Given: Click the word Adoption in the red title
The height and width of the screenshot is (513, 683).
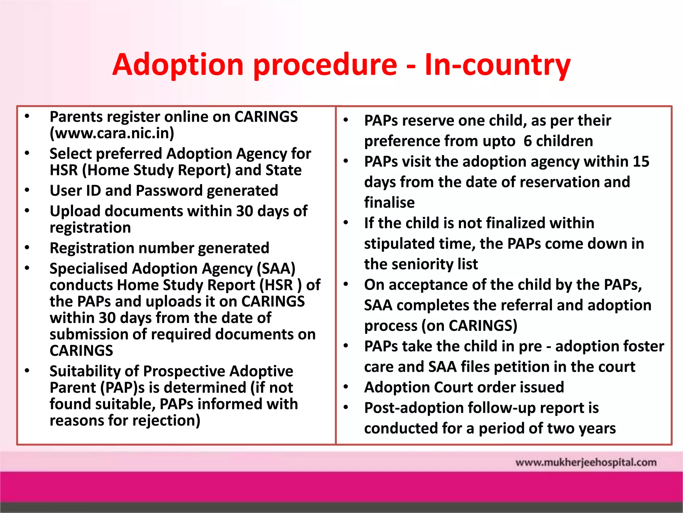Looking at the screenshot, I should coord(178,65).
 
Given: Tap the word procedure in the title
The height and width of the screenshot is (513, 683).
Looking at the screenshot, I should coord(325,65).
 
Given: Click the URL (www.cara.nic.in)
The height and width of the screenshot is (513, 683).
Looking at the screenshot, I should coord(112,133).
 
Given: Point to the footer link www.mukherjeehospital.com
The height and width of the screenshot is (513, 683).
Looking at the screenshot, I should coord(586,463).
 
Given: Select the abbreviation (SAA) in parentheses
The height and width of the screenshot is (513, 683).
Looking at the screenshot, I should coord(276,269).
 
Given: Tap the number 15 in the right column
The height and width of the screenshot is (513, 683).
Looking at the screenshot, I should coord(641,162).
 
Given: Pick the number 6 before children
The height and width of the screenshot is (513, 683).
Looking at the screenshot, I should coord(528,141).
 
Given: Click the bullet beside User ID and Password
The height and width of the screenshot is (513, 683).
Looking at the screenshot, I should coord(27,190).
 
